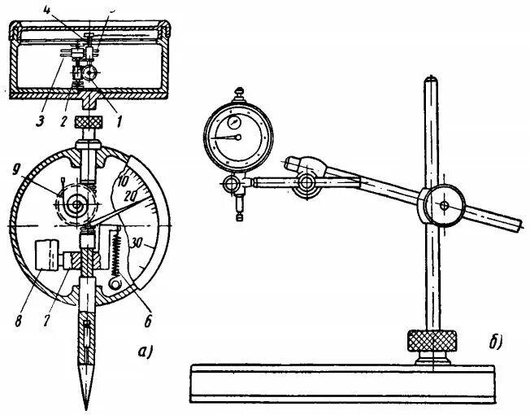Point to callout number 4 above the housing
coord(93,10)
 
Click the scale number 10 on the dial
coord(123,178)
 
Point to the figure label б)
coord(494,343)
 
